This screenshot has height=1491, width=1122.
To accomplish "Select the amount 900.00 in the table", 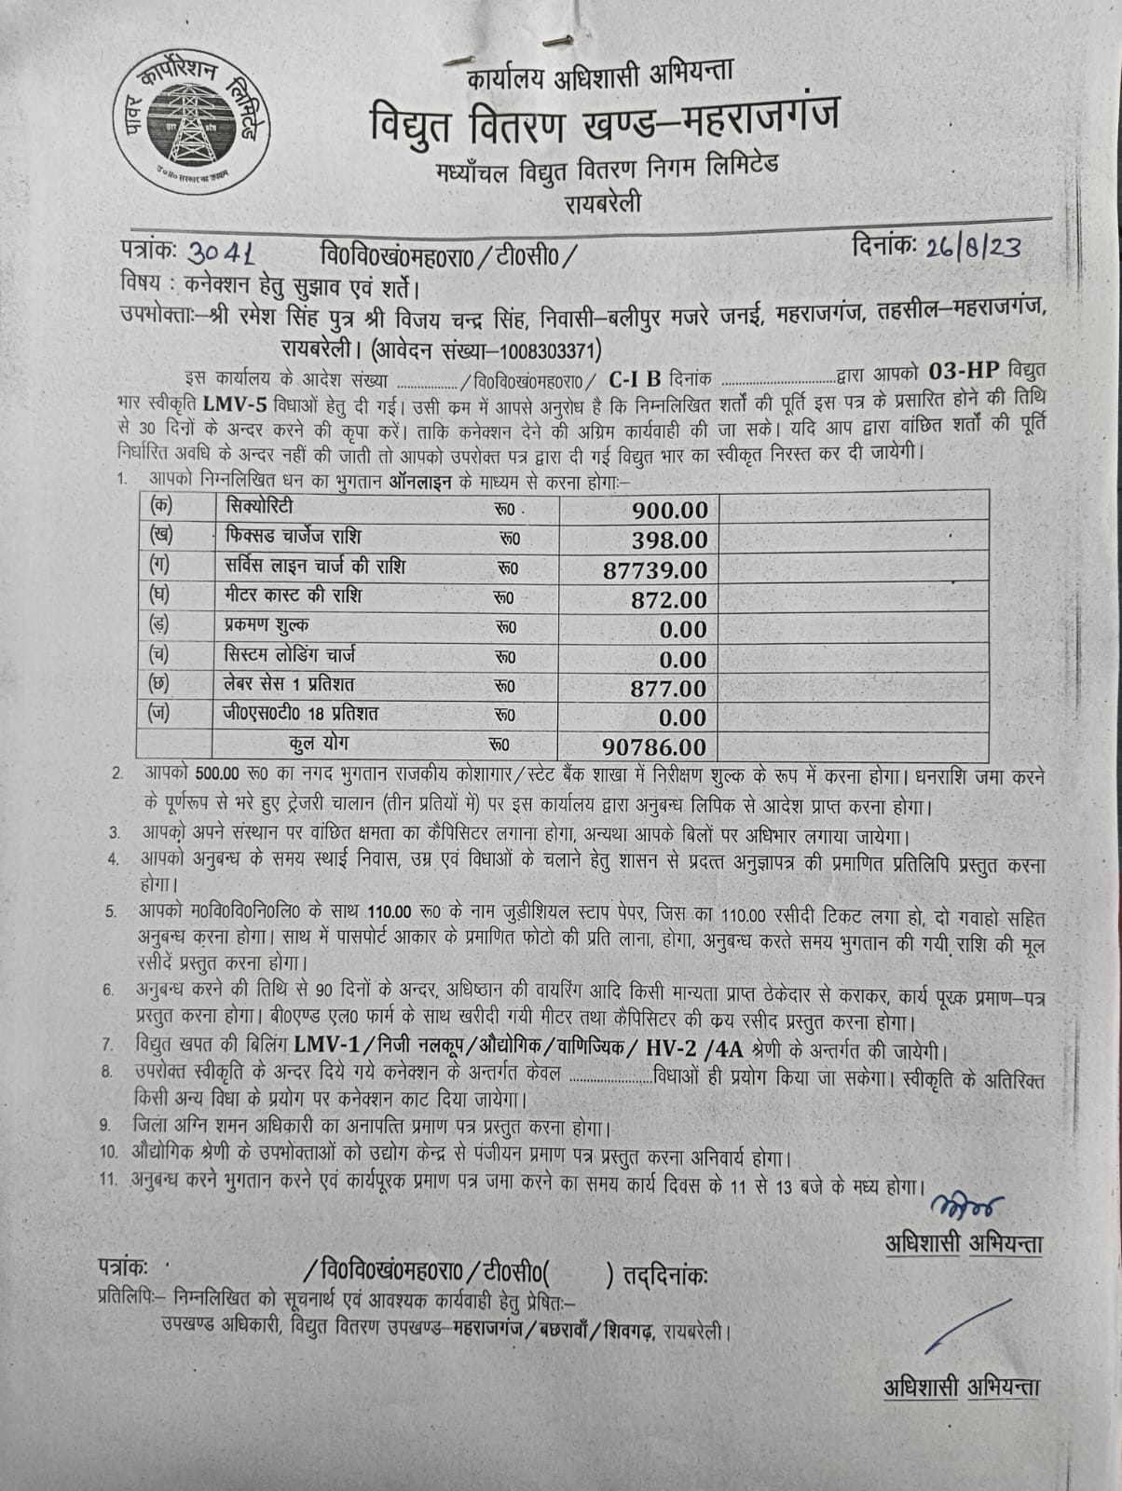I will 669,510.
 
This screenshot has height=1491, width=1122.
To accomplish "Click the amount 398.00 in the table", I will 669,540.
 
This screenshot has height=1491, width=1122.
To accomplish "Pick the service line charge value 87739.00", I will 655,569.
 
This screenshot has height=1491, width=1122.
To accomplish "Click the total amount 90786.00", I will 655,747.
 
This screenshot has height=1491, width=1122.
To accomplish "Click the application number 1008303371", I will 551,350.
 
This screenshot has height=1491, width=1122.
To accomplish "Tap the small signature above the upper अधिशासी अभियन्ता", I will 972,1205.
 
